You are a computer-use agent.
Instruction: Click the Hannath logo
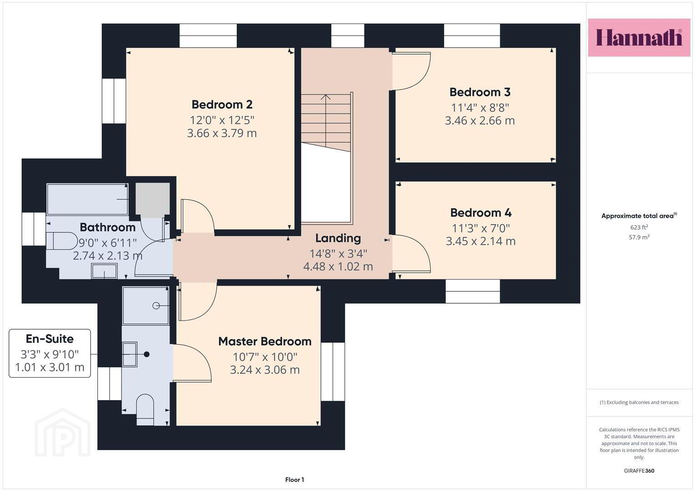pos(639,37)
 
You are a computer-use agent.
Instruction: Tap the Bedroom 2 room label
pos(222,105)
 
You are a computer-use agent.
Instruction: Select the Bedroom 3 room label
pos(480,92)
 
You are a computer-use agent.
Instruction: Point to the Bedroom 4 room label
pos(481,213)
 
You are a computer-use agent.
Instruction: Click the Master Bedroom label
pos(264,341)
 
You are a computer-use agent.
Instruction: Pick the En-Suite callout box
pos(50,353)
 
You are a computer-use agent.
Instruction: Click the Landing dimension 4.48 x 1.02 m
pos(338,266)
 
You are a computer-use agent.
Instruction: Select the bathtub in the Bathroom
pos(87,199)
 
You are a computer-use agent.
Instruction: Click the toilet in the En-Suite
pos(145,410)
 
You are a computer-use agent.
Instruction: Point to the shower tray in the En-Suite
pos(146,306)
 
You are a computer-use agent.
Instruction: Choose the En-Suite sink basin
pos(130,354)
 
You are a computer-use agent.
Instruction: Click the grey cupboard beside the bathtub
pos(152,200)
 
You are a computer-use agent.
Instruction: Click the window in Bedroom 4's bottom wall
pos(473,291)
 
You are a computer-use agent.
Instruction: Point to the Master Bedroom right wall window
pos(333,372)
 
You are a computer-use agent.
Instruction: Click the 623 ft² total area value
pos(639,227)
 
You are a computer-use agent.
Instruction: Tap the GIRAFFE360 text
pos(639,471)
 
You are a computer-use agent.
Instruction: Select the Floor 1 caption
pos(295,480)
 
